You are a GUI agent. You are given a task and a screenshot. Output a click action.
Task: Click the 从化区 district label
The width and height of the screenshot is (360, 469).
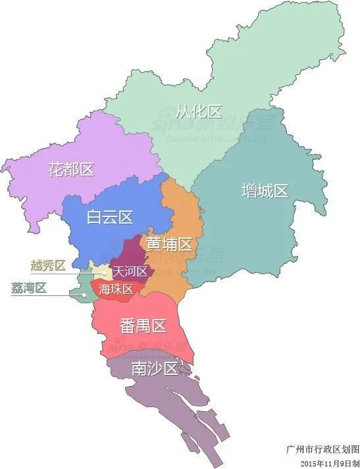click(x=199, y=111)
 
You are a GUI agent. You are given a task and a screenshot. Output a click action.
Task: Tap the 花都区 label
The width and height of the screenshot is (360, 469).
click(x=71, y=169)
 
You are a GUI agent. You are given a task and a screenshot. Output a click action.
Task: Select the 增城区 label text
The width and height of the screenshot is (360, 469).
click(x=265, y=191)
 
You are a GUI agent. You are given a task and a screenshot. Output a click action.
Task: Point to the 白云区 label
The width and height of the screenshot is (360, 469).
click(x=110, y=217)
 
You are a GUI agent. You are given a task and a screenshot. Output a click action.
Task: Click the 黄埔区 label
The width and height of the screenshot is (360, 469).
click(x=169, y=245)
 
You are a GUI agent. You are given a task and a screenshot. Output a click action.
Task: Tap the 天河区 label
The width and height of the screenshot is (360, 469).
click(x=130, y=271)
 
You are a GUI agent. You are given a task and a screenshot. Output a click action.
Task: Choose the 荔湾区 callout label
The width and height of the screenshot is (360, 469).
click(x=29, y=287)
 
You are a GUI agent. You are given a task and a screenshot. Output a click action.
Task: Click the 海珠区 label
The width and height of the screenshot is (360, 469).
click(x=116, y=289)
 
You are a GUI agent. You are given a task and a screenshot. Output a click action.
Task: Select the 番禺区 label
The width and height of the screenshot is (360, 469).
click(x=142, y=325)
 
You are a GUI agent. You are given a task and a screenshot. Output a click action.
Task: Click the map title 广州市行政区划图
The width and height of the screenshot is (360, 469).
click(x=322, y=450)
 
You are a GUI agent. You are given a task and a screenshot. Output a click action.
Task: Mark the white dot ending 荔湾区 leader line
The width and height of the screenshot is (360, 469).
click(x=84, y=294)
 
